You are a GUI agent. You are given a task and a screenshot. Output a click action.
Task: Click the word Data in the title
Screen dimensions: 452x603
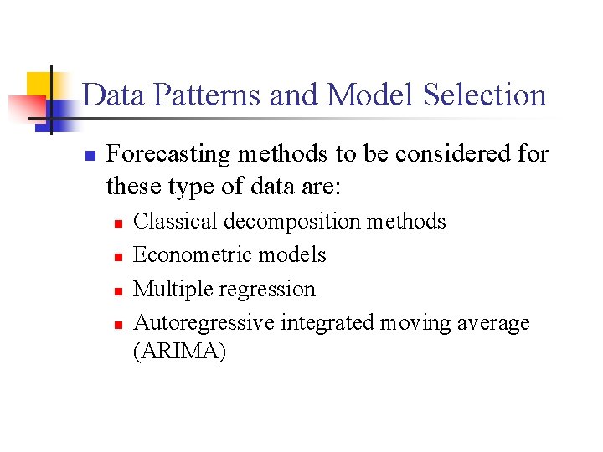tap(109, 95)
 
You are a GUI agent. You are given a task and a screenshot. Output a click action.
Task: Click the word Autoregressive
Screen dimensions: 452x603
tap(204, 323)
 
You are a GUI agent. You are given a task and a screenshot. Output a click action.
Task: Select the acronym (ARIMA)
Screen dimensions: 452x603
tap(179, 352)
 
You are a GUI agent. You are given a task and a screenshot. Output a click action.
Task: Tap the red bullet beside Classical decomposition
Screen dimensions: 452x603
tap(118, 223)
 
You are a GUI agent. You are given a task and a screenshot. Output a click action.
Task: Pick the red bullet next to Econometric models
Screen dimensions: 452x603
tap(118, 257)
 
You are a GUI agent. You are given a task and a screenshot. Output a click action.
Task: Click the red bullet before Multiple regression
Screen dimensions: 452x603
tap(118, 290)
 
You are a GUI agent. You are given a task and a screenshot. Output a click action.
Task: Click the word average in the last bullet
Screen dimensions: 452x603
tap(493, 323)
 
